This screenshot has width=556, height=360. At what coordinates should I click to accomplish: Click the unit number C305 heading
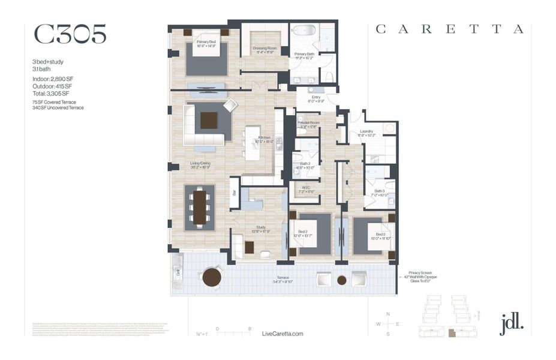[70, 35]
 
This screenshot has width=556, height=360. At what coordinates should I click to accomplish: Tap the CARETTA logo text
[449, 29]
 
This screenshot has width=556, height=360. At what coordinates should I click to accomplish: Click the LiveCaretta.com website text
[283, 334]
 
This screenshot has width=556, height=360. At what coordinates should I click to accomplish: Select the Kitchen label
[265, 139]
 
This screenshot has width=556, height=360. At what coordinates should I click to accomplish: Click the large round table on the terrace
[212, 277]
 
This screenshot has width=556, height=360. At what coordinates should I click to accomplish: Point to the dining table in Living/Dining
[200, 207]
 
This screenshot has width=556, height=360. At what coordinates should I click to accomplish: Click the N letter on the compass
[388, 314]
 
